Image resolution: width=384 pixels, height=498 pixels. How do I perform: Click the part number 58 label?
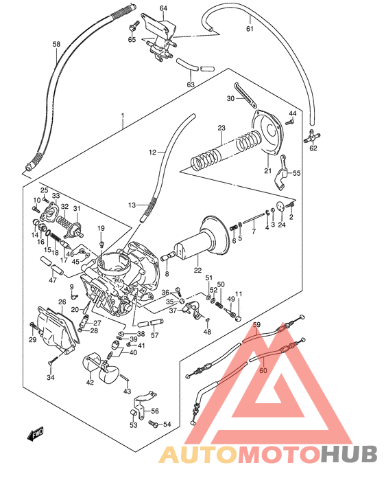click(57, 45)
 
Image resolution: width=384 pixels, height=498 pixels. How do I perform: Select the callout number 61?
click(250, 29)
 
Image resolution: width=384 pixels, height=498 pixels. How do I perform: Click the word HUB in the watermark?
click(348, 454)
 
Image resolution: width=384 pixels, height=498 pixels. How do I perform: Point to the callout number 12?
click(153, 152)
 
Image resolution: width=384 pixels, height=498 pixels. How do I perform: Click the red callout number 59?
click(257, 325)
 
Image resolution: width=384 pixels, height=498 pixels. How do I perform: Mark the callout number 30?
click(231, 99)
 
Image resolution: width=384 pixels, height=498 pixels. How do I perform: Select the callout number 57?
click(154, 336)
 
